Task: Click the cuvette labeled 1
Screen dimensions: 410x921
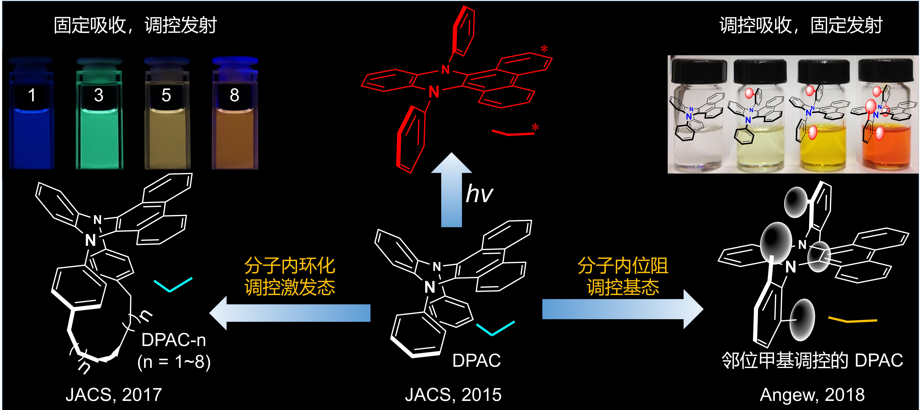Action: coord(31,118)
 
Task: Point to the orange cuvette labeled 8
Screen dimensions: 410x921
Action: coord(234,118)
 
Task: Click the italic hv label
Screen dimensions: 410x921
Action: coord(479,194)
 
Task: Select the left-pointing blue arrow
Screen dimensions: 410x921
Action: coord(290,313)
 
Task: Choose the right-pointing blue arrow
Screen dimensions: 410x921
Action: coord(622,309)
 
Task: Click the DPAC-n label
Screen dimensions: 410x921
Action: coord(174,340)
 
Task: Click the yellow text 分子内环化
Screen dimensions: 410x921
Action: coord(290,266)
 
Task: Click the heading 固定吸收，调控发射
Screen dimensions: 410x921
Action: coord(135,25)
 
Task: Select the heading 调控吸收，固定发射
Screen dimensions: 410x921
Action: coord(801,25)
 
